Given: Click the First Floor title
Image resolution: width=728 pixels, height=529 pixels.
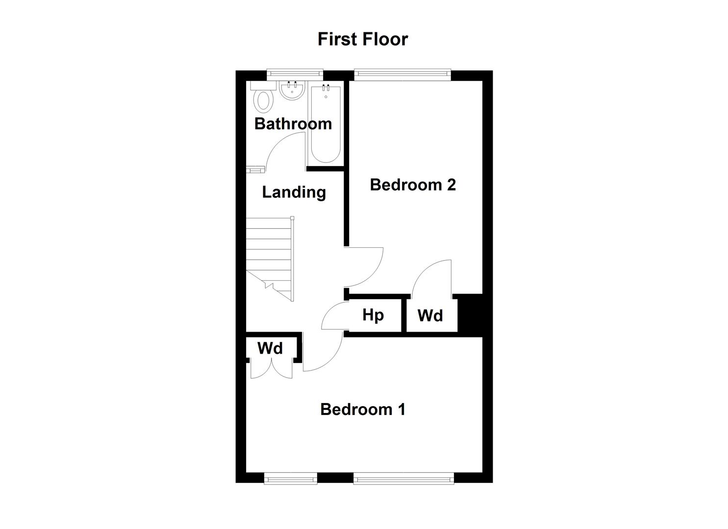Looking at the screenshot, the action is (x=363, y=39).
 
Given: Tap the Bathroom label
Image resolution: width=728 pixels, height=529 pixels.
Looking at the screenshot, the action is (x=293, y=124).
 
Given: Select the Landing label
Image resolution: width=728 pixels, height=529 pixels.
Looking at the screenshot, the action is (x=294, y=192).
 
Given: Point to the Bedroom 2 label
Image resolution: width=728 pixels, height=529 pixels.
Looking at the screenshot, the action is (x=413, y=185).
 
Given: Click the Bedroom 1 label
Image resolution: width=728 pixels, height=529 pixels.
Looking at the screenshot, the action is (x=363, y=409).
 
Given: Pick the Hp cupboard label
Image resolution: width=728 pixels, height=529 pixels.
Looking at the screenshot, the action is (x=373, y=315).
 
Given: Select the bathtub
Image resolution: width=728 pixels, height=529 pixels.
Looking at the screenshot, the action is (x=326, y=123).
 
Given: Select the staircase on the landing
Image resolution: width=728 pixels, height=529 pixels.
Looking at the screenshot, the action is (x=270, y=259).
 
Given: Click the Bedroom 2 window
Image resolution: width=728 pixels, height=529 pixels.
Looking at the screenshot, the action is (x=402, y=75).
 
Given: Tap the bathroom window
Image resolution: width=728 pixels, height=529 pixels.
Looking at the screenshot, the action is (x=295, y=74).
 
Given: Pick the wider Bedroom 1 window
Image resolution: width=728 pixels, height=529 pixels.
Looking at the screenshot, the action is (x=403, y=479).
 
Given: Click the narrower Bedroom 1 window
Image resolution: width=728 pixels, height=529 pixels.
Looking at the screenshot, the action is (x=291, y=479).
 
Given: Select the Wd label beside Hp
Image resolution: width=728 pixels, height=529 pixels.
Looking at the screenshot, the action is (x=430, y=315).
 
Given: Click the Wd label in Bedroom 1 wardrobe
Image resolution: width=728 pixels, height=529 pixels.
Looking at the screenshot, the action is (x=270, y=348).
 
